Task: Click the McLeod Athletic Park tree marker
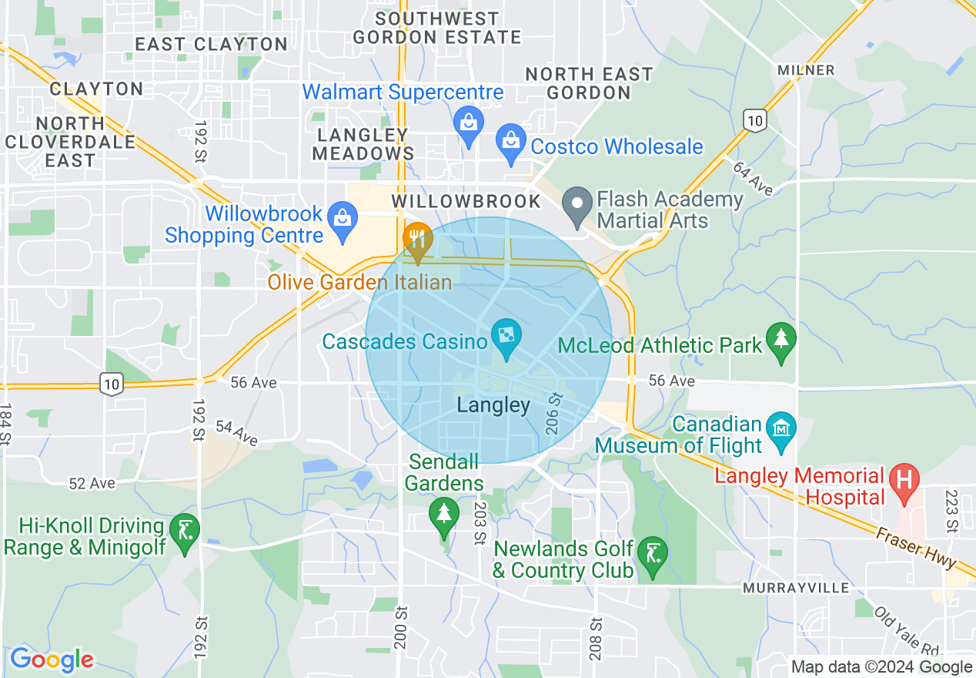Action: [x=781, y=341]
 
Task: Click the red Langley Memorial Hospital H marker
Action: [x=904, y=481]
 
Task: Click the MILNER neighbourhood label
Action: [x=806, y=70]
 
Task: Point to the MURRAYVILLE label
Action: [x=796, y=588]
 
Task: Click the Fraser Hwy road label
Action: [x=914, y=547]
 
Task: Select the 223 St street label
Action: [x=951, y=511]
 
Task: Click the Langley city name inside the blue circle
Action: [x=493, y=405]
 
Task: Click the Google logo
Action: [x=51, y=660]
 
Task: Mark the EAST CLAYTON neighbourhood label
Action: [x=211, y=44]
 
